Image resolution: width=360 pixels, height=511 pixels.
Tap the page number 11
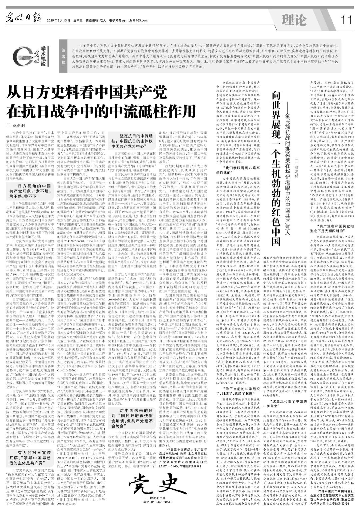tap(346, 20)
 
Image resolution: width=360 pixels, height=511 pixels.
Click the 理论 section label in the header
tap(294, 20)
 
